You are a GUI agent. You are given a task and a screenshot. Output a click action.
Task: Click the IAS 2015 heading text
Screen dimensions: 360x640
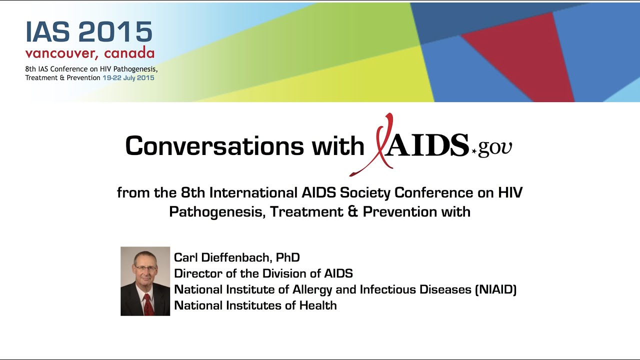(x=89, y=32)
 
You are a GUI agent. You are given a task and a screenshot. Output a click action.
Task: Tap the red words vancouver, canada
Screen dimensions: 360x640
(x=90, y=53)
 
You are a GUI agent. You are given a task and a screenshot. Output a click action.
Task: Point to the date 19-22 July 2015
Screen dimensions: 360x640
(x=128, y=78)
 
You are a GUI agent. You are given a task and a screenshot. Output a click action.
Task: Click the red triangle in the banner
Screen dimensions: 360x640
(x=520, y=55)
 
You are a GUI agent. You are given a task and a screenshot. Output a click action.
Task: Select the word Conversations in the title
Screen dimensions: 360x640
(x=214, y=146)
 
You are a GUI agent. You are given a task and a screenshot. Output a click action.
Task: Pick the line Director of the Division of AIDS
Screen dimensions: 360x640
(x=263, y=273)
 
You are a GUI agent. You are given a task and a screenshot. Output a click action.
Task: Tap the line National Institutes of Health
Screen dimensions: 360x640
(x=255, y=305)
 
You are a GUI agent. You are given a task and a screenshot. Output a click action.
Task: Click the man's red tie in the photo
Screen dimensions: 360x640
(x=147, y=304)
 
